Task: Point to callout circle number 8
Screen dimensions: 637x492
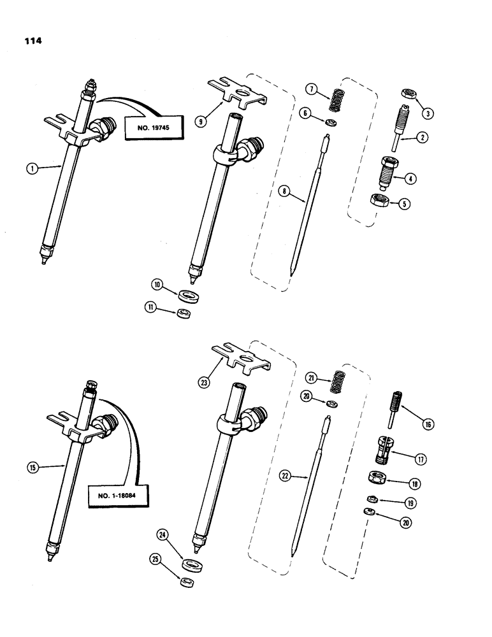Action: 285,190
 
